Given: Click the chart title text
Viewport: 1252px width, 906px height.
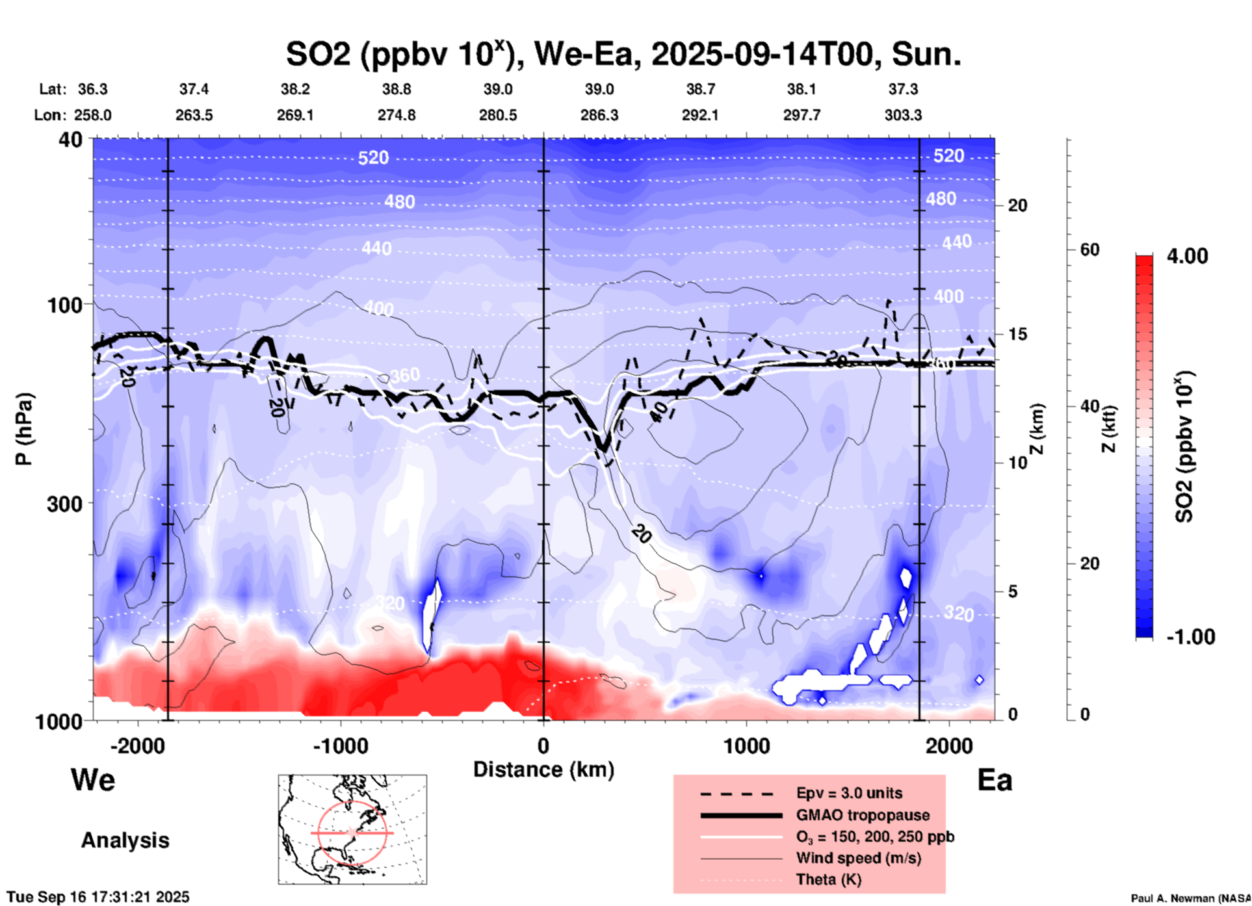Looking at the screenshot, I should pyautogui.click(x=623, y=55).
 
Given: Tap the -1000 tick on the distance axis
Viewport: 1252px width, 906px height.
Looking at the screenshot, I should pyautogui.click(x=341, y=745).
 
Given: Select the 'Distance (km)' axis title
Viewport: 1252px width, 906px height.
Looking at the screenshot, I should pyautogui.click(x=543, y=770).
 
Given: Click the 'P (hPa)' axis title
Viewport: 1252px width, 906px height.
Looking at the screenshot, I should pyautogui.click(x=24, y=429).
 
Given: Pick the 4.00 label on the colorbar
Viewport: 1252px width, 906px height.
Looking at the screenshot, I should pyautogui.click(x=1187, y=256).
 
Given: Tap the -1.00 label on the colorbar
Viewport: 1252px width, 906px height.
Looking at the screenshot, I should pyautogui.click(x=1190, y=637).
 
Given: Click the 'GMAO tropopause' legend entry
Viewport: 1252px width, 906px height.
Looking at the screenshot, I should pyautogui.click(x=863, y=815).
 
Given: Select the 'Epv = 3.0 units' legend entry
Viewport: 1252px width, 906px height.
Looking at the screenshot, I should pyautogui.click(x=849, y=793).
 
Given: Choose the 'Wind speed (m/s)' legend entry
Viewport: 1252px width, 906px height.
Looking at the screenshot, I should pyautogui.click(x=858, y=858).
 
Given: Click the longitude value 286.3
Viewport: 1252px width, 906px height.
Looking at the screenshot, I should pyautogui.click(x=599, y=115).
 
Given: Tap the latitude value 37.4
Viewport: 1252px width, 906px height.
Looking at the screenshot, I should pyautogui.click(x=194, y=89).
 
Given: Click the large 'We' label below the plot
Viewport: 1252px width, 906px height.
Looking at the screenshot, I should pyautogui.click(x=93, y=780).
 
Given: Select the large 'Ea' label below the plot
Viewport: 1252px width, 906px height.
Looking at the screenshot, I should pyautogui.click(x=995, y=780).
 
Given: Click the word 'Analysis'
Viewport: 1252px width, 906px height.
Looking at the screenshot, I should pyautogui.click(x=125, y=840).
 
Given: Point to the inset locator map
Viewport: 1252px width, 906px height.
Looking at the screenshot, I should pyautogui.click(x=352, y=829).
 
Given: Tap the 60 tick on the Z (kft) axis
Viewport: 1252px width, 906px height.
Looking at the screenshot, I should pyautogui.click(x=1090, y=250).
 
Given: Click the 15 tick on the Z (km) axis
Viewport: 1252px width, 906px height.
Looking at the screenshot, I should pyautogui.click(x=1017, y=334).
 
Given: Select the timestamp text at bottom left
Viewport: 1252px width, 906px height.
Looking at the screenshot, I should pyautogui.click(x=98, y=897).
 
